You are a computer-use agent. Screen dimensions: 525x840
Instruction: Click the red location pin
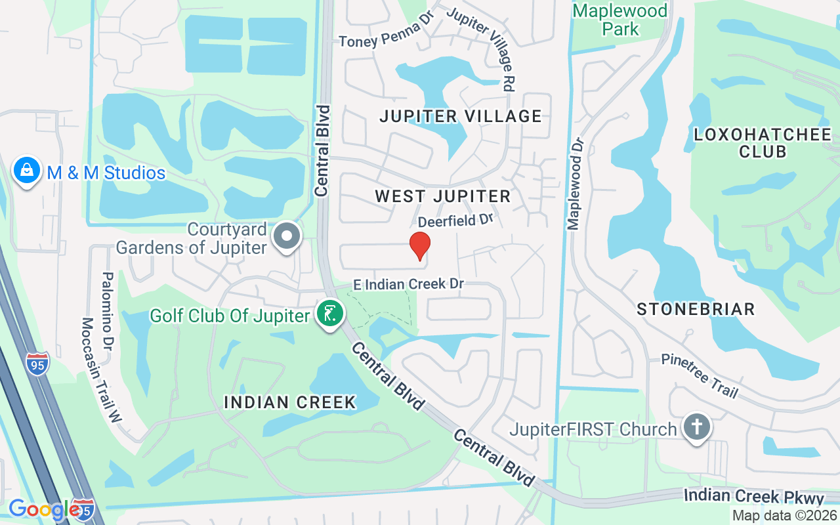click(420, 246)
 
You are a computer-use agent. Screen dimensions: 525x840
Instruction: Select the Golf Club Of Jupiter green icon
click(330, 313)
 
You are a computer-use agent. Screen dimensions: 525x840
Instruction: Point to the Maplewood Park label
click(619, 20)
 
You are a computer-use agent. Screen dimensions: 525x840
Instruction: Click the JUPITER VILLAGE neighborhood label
click(461, 117)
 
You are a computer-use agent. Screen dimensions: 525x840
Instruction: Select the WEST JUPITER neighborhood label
click(442, 196)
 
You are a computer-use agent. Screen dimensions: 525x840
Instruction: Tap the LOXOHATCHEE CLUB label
click(763, 143)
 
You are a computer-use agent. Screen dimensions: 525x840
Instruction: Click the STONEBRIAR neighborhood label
click(696, 309)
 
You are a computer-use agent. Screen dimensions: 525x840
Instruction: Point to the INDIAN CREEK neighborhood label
click(290, 402)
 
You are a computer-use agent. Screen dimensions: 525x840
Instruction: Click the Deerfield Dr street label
click(455, 220)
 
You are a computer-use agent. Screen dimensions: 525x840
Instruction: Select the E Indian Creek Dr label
click(408, 284)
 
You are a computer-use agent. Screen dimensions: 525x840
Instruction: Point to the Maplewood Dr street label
click(576, 184)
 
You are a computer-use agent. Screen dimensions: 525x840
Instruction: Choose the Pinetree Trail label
click(700, 376)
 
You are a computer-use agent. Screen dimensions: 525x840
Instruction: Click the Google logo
click(44, 510)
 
